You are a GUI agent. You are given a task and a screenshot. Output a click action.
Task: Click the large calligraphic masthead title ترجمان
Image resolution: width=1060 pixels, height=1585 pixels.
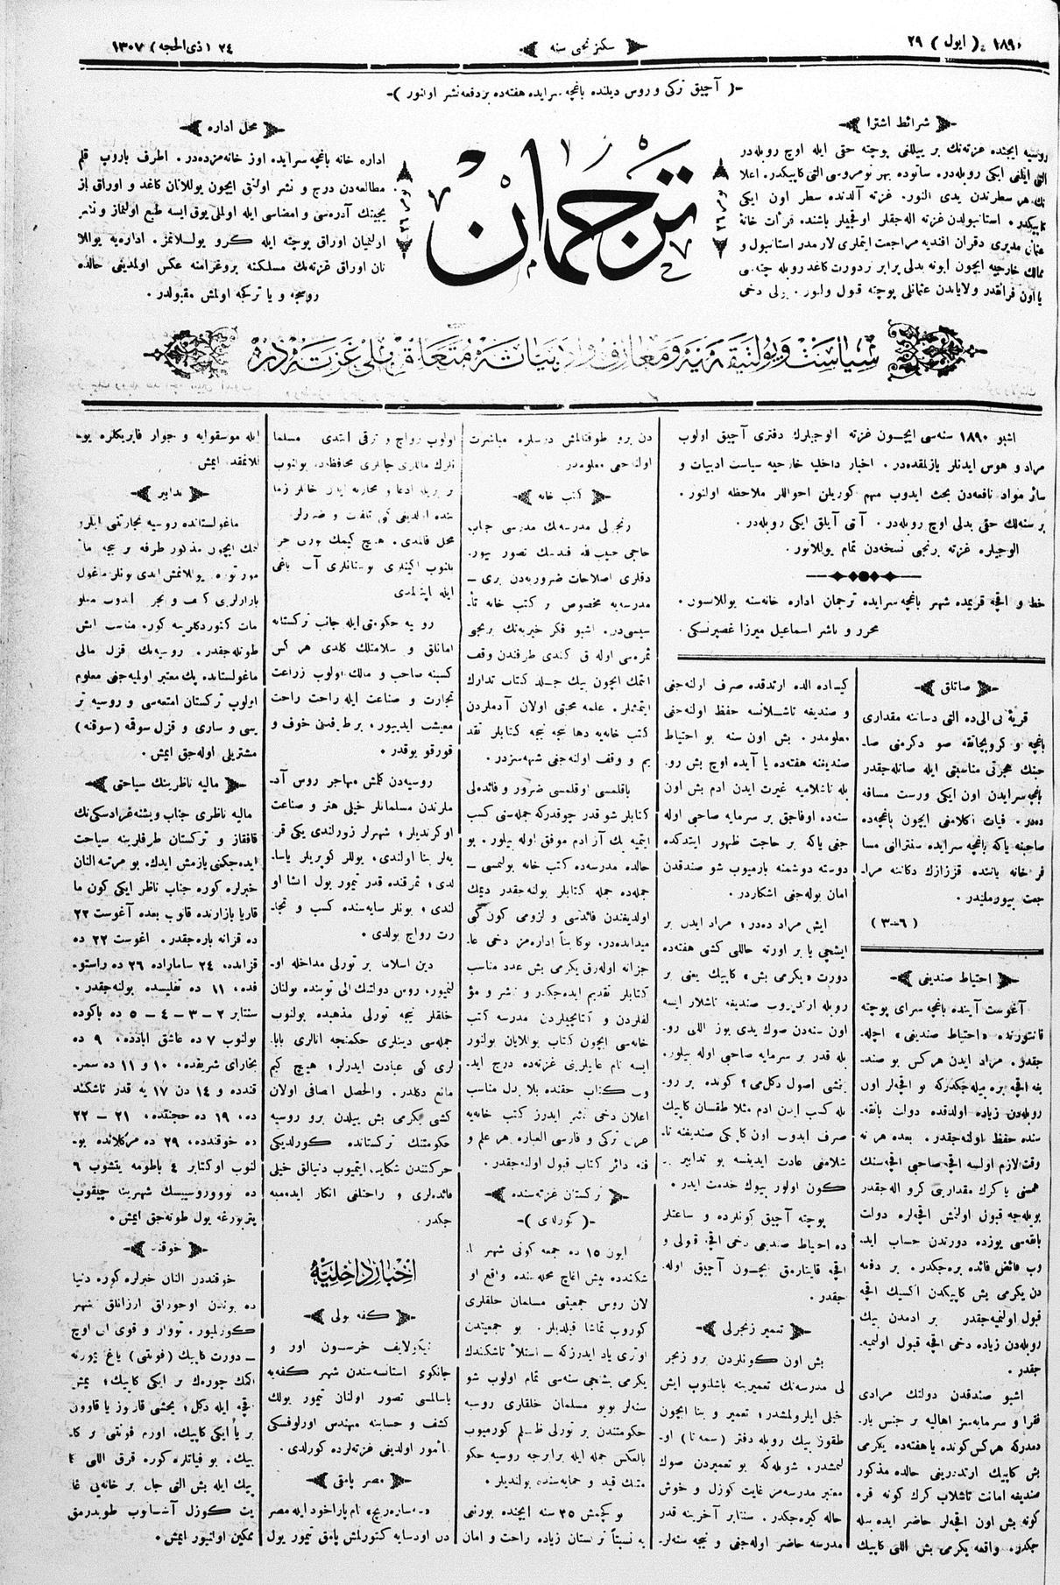(561, 215)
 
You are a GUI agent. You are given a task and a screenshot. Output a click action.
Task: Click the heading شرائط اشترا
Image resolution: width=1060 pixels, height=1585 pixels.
(884, 123)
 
